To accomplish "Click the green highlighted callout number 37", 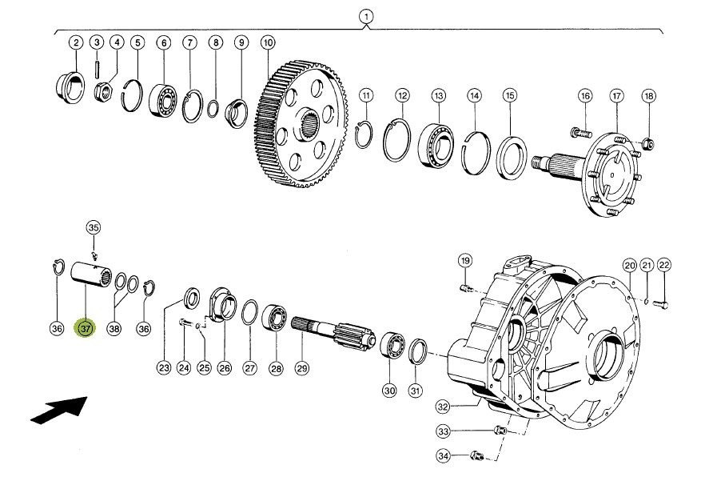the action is click(x=85, y=328).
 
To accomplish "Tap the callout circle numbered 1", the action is click(x=366, y=17).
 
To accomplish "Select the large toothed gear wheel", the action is click(x=301, y=124).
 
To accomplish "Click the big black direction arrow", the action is click(x=59, y=410).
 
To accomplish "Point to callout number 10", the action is click(x=268, y=42).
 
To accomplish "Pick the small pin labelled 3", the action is click(x=97, y=69).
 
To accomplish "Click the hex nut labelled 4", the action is click(x=103, y=93).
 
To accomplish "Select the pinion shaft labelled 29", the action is click(x=333, y=334).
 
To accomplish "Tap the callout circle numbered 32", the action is click(x=444, y=407).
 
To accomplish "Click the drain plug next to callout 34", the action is click(x=477, y=455).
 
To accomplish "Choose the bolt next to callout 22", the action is click(x=660, y=305).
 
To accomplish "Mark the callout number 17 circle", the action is click(x=617, y=96).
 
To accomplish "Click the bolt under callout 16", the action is click(x=581, y=133).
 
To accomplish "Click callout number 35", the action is click(x=93, y=228).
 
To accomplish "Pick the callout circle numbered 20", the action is click(x=630, y=266).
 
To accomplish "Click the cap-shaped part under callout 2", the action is click(x=70, y=88).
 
